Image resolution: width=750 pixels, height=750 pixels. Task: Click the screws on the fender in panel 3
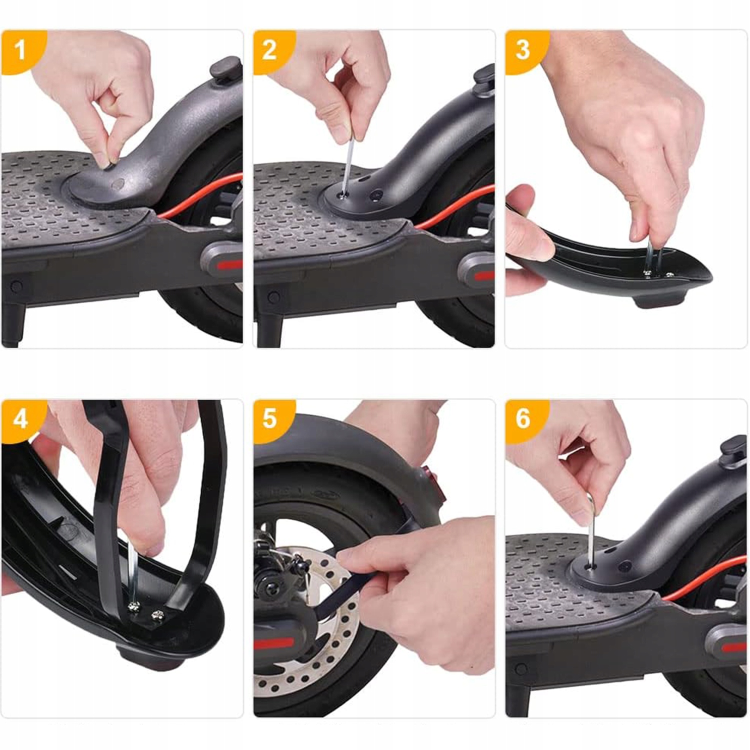point(657,274)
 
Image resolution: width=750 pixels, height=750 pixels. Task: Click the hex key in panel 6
point(591,530)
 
